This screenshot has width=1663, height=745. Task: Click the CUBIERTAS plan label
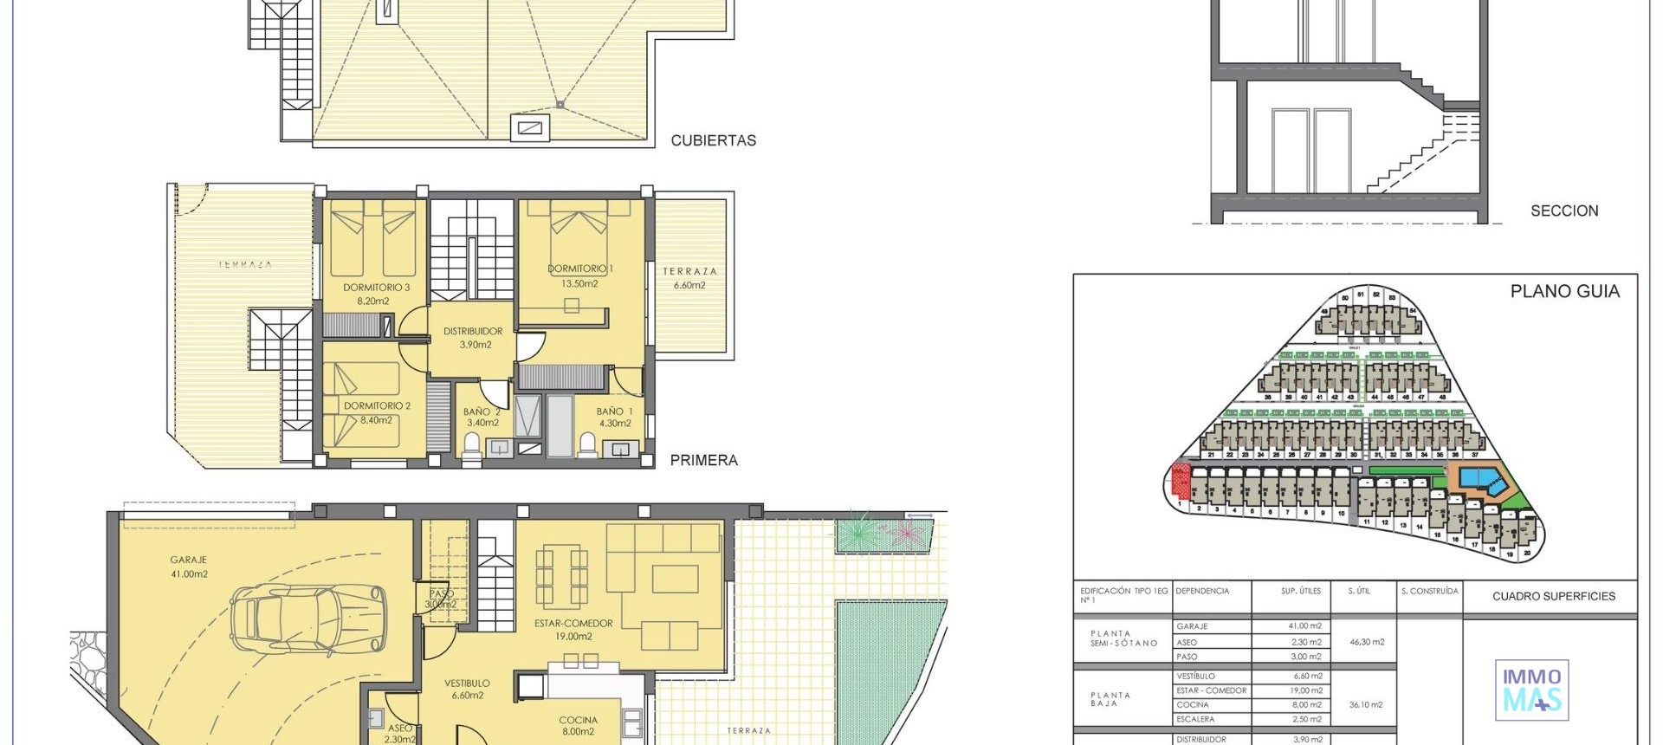coord(713,140)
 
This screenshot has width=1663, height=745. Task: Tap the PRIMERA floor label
coord(703,460)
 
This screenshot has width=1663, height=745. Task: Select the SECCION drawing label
coord(1564,211)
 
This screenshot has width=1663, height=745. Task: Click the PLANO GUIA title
coord(1564,292)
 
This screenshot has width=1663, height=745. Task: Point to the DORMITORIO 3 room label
coord(376,294)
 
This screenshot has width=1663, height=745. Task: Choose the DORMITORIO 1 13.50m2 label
coord(580,275)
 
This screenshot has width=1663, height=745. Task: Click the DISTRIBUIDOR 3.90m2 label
coord(473,337)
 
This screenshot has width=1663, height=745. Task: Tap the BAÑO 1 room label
coord(614,417)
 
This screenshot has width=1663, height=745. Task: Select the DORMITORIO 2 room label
coord(377,412)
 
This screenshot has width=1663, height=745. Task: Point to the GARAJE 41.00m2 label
coord(189,567)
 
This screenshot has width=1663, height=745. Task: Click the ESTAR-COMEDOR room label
coord(573,629)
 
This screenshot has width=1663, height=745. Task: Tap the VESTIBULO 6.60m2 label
coord(467,689)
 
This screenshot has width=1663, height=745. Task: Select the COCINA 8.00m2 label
coord(578,725)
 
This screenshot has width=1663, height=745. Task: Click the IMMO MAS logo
coord(1531,690)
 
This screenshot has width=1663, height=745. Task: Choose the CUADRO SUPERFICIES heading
coord(1554,596)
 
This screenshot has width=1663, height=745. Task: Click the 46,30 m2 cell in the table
coord(1367,642)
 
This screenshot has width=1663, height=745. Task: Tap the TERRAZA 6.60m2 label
coord(689,277)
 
